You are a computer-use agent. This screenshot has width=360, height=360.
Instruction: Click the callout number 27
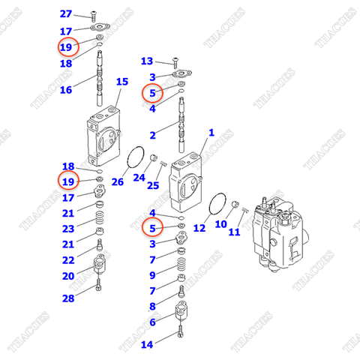pos(66,14)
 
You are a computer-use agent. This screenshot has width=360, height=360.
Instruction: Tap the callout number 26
pos(117,181)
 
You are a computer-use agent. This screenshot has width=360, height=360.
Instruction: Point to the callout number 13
pos(147,61)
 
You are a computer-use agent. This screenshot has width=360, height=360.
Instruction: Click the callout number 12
pos(199,227)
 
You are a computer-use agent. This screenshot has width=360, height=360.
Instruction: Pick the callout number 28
pos(68,299)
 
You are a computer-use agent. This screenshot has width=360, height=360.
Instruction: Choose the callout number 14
pos(147,344)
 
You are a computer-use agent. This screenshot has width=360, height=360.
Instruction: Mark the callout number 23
pos(68,229)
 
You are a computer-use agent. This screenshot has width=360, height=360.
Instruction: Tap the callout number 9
pos(152,275)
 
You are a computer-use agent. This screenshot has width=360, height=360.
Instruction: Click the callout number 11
pos(234,232)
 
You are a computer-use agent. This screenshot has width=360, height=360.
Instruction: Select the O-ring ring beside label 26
pos(136,160)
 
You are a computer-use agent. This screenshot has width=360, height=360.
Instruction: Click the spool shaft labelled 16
pos(100,84)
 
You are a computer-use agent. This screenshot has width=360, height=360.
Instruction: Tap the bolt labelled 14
pos(181,342)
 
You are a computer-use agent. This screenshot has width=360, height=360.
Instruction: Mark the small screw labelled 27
pos(94,15)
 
